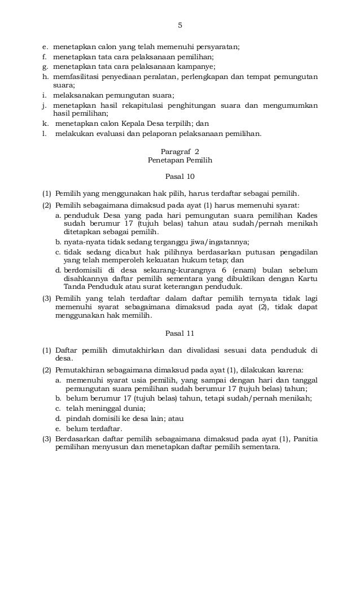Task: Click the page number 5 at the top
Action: coord(180,25)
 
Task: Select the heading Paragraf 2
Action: coord(180,151)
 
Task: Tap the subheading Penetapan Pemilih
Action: coord(180,160)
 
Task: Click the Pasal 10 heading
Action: coord(180,176)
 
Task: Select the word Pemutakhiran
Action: coord(80,370)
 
